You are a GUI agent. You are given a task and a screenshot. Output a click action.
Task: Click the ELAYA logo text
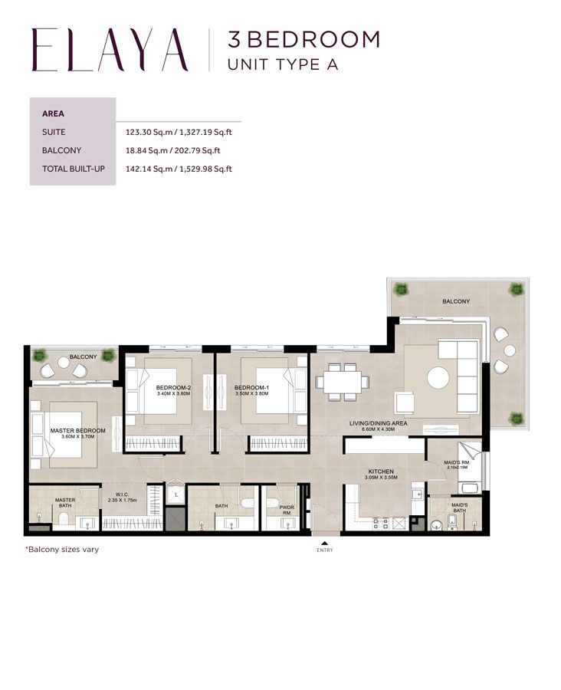pyautogui.click(x=110, y=50)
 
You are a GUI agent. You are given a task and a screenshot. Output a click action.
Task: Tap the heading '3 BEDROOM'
pyautogui.click(x=303, y=38)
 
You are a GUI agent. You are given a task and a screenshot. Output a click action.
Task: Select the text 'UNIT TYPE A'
pyautogui.click(x=283, y=64)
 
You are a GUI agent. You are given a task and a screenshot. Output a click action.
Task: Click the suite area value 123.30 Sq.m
pyautogui.click(x=151, y=132)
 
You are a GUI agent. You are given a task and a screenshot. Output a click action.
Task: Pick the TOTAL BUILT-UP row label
pyautogui.click(x=73, y=169)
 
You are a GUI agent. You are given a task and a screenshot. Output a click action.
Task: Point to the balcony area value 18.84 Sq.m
pyautogui.click(x=151, y=150)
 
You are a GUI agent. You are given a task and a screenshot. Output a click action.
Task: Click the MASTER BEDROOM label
pyautogui.click(x=77, y=431)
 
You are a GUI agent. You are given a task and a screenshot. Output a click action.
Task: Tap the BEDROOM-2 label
pyautogui.click(x=173, y=388)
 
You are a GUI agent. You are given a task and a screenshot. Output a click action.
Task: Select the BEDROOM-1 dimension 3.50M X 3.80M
pyautogui.click(x=252, y=395)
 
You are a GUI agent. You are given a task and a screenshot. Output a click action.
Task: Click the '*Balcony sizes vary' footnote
pyautogui.click(x=62, y=550)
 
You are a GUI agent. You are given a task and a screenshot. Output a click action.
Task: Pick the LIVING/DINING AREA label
pyautogui.click(x=378, y=423)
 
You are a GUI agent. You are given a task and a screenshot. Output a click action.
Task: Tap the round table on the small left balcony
pyautogui.click(x=79, y=371)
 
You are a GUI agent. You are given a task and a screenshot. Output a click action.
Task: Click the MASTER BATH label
pyautogui.click(x=64, y=503)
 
